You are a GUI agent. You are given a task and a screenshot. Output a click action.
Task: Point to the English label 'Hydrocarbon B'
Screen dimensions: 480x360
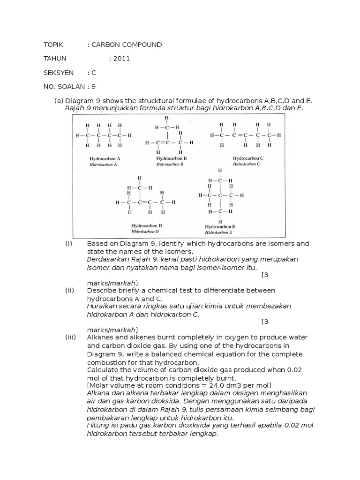pos(172,158)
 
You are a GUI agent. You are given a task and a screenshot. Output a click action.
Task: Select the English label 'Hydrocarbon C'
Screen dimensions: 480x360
pos(248,158)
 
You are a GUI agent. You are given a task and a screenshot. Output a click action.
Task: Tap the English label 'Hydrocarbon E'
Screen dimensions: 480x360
pos(220,226)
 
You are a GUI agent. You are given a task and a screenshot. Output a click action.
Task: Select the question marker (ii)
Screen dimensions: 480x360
pos(70,291)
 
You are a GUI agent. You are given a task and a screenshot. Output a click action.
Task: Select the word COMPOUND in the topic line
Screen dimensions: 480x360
pos(143,45)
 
